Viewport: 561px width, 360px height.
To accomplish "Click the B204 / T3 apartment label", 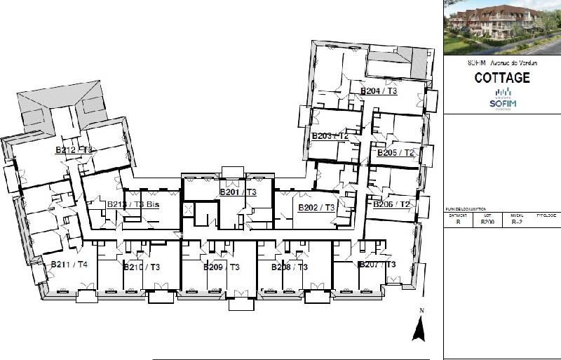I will pos(379,91).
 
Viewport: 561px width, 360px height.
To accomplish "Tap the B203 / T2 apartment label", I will pos(330,135).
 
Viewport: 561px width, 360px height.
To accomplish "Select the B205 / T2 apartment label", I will pos(396,153).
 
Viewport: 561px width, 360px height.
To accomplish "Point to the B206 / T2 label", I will pos(391,204).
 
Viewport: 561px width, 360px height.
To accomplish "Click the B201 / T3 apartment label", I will pos(238,192).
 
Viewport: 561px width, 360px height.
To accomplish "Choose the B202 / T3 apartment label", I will pos(317,208).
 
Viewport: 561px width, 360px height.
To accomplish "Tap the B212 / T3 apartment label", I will pos(74,149).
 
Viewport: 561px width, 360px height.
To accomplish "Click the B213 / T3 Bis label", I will pos(133,204).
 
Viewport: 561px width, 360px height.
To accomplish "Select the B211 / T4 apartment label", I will pos(69,265).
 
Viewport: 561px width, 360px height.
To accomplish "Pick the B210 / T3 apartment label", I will pos(142,267).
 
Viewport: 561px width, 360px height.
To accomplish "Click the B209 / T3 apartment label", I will pos(222,267).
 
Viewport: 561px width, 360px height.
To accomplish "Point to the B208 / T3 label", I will pos(290,267).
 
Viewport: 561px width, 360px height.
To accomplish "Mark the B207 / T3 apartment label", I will pos(377,265).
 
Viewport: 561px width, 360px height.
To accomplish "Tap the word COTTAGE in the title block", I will pos(502,78).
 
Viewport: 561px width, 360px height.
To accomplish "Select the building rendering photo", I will pos(502,27).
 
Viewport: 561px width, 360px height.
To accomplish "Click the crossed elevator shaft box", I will pos(188,209).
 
